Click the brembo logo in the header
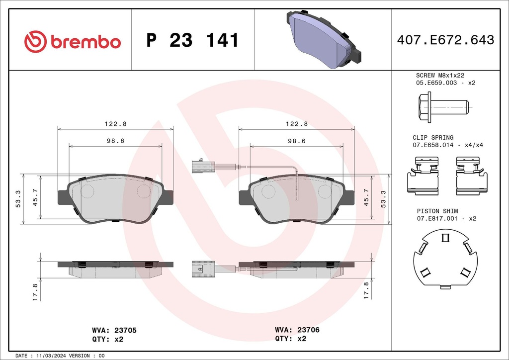pyautogui.click(x=72, y=41)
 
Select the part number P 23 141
pyautogui.click(x=192, y=41)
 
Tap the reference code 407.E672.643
pyautogui.click(x=445, y=40)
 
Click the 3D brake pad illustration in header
pyautogui.click(x=324, y=40)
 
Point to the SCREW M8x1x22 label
pyautogui.click(x=440, y=75)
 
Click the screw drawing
pyautogui.click(x=443, y=107)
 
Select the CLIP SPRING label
pyautogui.click(x=433, y=137)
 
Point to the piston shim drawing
pyautogui.click(x=445, y=260)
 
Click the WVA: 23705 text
pyautogui.click(x=114, y=330)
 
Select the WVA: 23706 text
pyautogui.click(x=297, y=330)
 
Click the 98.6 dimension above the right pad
pyautogui.click(x=297, y=141)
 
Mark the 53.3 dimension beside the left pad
pyautogui.click(x=18, y=199)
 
